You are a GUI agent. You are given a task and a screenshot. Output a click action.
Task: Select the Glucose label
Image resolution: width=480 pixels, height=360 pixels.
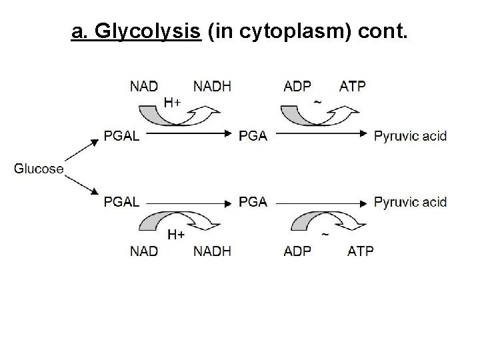click(39, 169)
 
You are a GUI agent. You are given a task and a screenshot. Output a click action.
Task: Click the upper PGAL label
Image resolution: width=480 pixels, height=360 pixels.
click(122, 136)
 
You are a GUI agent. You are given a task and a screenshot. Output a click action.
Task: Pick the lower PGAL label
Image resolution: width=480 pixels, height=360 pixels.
click(122, 202)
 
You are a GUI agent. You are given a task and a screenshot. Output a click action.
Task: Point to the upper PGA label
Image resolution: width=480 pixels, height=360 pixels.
click(253, 136)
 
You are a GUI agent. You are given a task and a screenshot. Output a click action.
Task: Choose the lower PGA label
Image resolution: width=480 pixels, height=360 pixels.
click(253, 202)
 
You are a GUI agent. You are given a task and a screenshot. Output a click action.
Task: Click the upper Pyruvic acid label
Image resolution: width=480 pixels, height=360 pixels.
click(410, 136)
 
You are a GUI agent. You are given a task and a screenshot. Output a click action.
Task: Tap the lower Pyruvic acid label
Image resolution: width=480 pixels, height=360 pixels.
click(410, 202)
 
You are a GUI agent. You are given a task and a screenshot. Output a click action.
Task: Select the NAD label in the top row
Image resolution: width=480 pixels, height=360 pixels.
click(144, 86)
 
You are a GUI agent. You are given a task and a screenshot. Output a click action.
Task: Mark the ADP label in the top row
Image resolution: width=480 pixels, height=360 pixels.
click(298, 86)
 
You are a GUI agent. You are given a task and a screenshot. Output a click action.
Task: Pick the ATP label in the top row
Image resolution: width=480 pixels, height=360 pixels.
click(352, 86)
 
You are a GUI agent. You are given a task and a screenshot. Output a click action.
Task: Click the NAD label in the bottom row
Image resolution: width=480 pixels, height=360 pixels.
click(144, 251)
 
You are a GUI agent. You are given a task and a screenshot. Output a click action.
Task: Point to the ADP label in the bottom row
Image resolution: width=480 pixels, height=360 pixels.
click(298, 251)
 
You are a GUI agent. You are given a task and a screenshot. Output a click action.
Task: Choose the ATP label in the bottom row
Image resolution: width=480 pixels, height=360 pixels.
click(361, 251)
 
